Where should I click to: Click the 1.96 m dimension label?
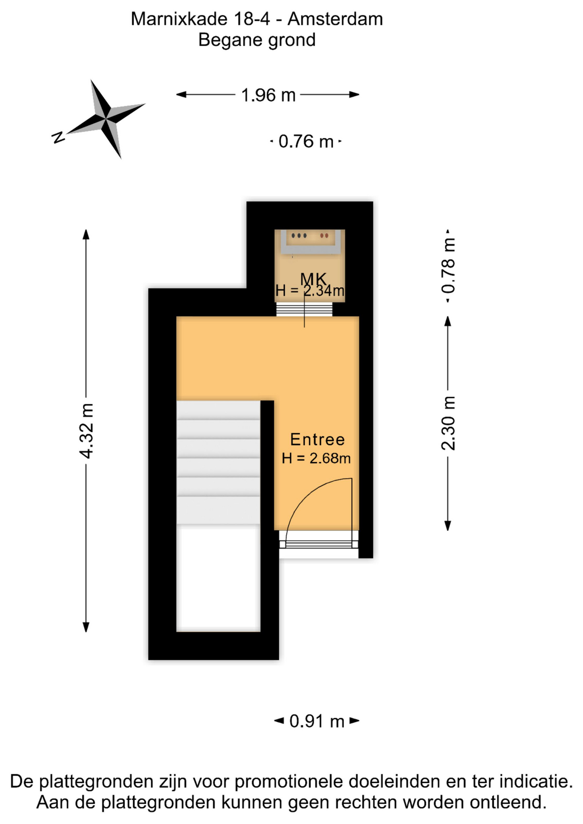pyautogui.click(x=268, y=95)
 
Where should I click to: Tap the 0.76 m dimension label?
pyautogui.click(x=306, y=141)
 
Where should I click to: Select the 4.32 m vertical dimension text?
pyautogui.click(x=86, y=430)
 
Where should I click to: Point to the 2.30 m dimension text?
pyautogui.click(x=448, y=423)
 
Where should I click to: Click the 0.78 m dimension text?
pyautogui.click(x=448, y=266)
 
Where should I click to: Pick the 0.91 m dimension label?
pyautogui.click(x=317, y=721)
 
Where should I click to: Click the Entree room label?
pyautogui.click(x=317, y=439)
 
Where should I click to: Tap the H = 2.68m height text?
pyautogui.click(x=316, y=458)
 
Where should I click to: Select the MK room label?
pyautogui.click(x=313, y=279)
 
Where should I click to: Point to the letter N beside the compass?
pyautogui.click(x=58, y=137)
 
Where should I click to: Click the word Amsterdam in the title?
pyautogui.click(x=335, y=19)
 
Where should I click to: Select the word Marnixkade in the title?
pyautogui.click(x=179, y=19)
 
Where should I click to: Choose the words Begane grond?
pyautogui.click(x=257, y=40)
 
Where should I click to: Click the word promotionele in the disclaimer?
pyautogui.click(x=289, y=782)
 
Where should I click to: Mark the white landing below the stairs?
pyautogui.click(x=219, y=578)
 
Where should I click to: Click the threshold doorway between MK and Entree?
pyautogui.click(x=304, y=309)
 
